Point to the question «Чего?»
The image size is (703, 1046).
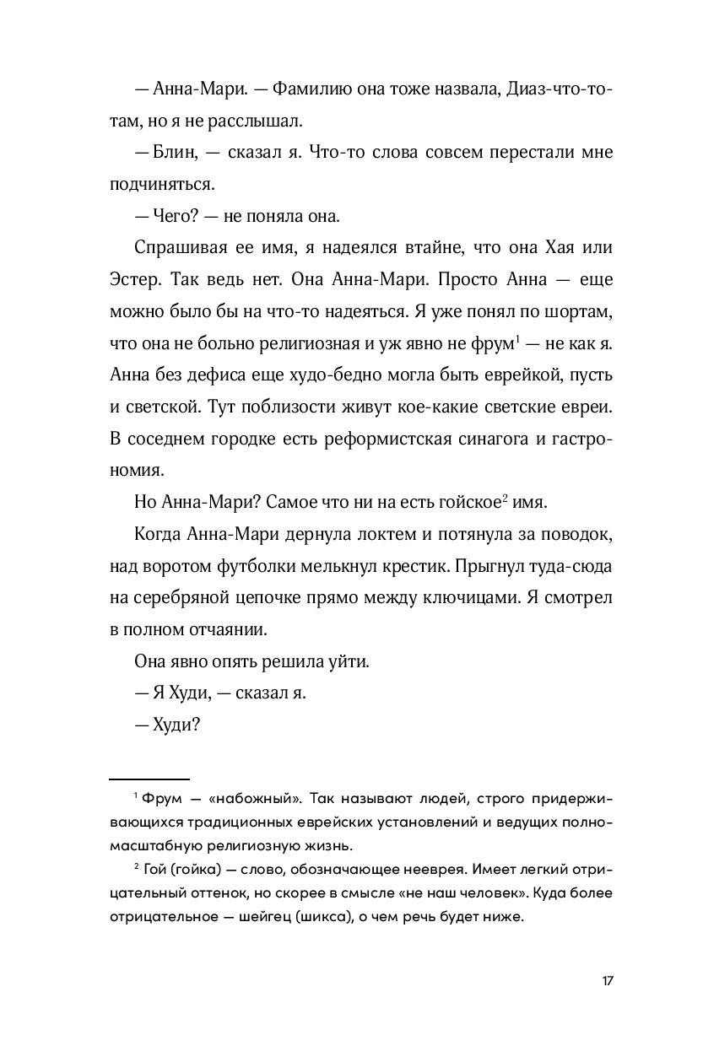[174, 216]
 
